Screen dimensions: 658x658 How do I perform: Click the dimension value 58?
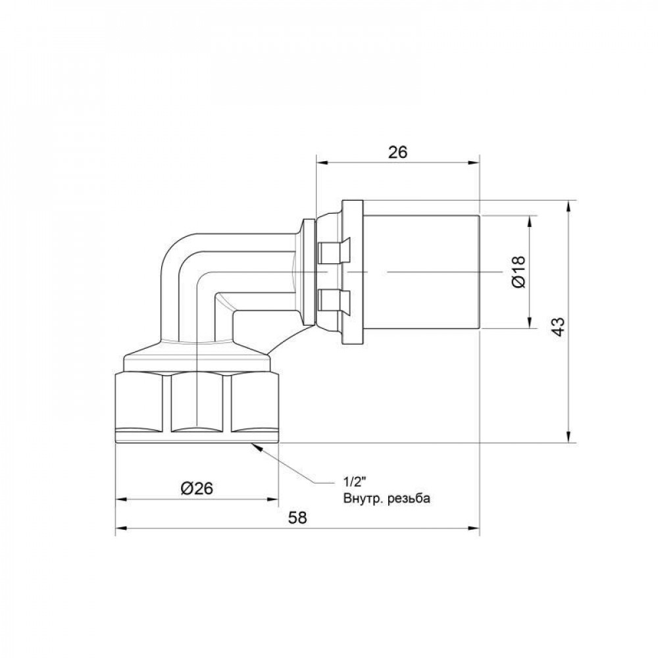[x=298, y=517]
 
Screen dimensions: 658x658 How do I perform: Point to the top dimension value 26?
[x=397, y=151]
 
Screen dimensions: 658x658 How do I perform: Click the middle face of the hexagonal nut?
[x=200, y=403]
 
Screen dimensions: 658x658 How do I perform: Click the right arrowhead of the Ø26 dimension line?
[x=274, y=499]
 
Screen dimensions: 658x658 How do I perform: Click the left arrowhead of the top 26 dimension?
[x=321, y=163]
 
